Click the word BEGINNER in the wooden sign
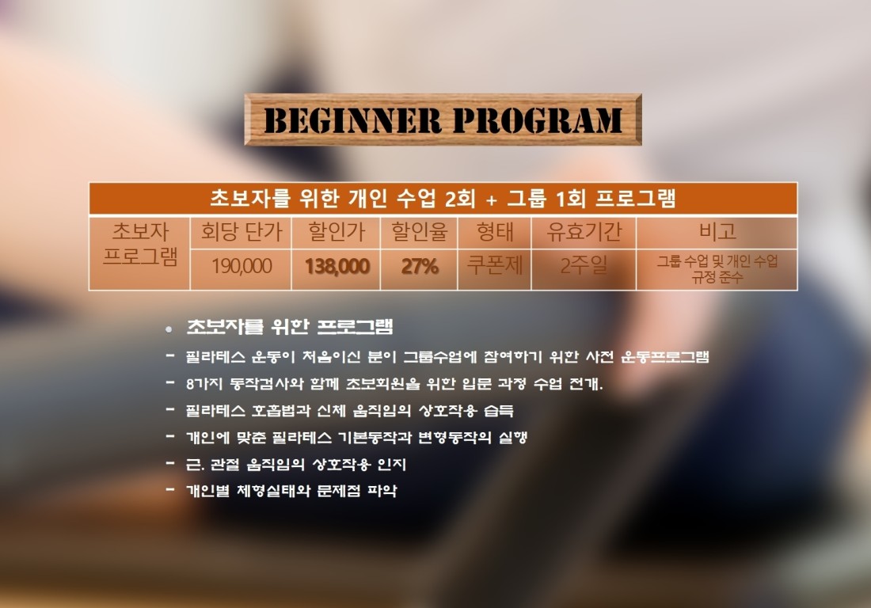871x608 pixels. [x=352, y=120]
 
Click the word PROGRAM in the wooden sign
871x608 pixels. [x=537, y=120]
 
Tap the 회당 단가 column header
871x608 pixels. [x=242, y=231]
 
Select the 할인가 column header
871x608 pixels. [x=337, y=231]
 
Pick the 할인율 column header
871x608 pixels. [x=420, y=231]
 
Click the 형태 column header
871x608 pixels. [x=495, y=231]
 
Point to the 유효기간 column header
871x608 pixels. [x=584, y=231]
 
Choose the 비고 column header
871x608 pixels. [x=717, y=231]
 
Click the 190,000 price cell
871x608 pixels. [x=242, y=266]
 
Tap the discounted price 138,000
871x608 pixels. [x=337, y=267]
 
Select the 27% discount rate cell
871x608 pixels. [x=420, y=267]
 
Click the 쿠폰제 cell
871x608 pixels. [x=495, y=265]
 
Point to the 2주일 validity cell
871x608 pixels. [x=584, y=265]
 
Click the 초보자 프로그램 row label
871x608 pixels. [x=140, y=244]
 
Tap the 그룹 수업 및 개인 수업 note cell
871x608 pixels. [x=717, y=268]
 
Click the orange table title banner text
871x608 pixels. [x=443, y=198]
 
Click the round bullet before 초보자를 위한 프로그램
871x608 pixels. [x=169, y=330]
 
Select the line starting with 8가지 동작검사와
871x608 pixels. [x=394, y=383]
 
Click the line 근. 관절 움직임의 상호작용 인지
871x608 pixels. [x=296, y=464]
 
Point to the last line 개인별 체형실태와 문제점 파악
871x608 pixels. [x=291, y=491]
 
